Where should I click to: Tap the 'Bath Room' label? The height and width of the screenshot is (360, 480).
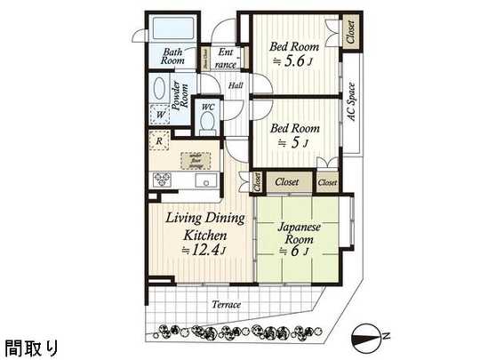172,57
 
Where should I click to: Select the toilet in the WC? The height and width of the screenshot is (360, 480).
207,124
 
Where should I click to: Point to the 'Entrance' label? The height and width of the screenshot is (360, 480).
226,58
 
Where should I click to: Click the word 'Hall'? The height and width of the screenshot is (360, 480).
236,85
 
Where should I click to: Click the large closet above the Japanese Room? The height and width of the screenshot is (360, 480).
286,181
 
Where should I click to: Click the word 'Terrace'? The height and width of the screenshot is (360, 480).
227,305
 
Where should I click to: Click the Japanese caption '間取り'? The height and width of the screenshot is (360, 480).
31,346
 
